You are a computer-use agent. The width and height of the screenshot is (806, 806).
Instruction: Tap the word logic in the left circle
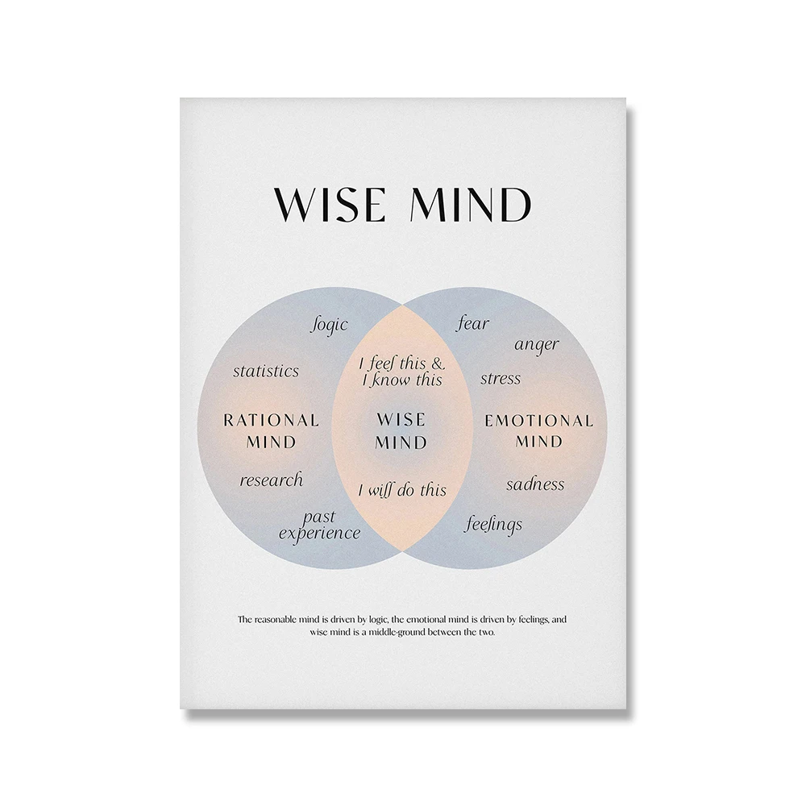coord(329,324)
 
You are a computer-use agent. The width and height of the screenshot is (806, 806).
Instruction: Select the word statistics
coord(266,371)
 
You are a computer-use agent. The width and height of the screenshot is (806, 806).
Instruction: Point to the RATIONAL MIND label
coord(271,430)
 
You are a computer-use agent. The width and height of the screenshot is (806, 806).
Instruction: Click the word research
coord(271,480)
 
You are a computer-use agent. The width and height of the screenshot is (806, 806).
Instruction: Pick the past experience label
coord(319,526)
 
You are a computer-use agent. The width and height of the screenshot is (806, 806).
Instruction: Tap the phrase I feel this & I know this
coord(401,372)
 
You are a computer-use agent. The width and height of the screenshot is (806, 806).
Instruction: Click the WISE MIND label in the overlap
coord(401,430)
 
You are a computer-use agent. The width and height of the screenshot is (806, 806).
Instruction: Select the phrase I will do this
coord(401,490)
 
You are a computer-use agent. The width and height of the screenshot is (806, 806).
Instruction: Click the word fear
coord(473,324)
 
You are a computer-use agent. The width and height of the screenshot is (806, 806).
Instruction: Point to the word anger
coord(537,345)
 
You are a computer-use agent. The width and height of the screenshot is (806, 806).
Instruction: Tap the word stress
coord(501,378)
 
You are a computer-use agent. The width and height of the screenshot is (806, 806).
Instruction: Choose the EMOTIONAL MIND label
coord(538,430)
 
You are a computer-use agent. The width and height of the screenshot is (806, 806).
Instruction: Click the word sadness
coord(535,484)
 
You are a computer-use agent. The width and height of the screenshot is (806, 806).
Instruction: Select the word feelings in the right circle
coord(493,525)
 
